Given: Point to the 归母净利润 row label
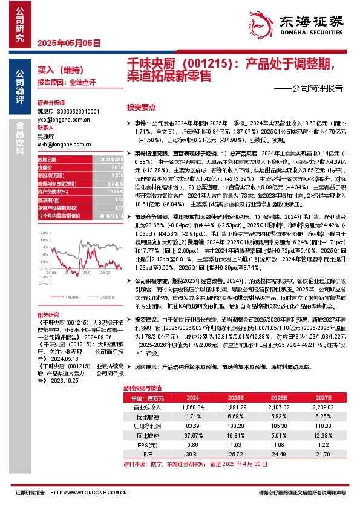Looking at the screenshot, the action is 142,426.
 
